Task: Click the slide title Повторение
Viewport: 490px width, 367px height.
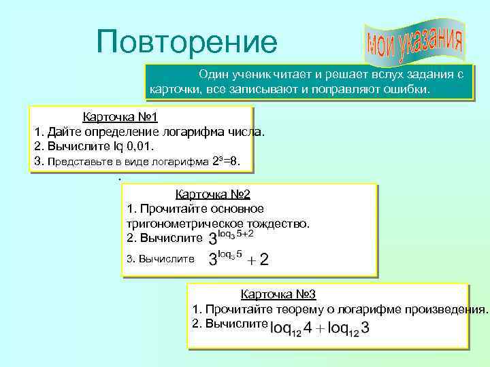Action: point(186,41)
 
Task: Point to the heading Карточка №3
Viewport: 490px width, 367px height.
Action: point(278,294)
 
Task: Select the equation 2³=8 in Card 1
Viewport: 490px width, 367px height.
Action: point(236,161)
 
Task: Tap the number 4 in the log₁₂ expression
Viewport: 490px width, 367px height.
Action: point(308,328)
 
